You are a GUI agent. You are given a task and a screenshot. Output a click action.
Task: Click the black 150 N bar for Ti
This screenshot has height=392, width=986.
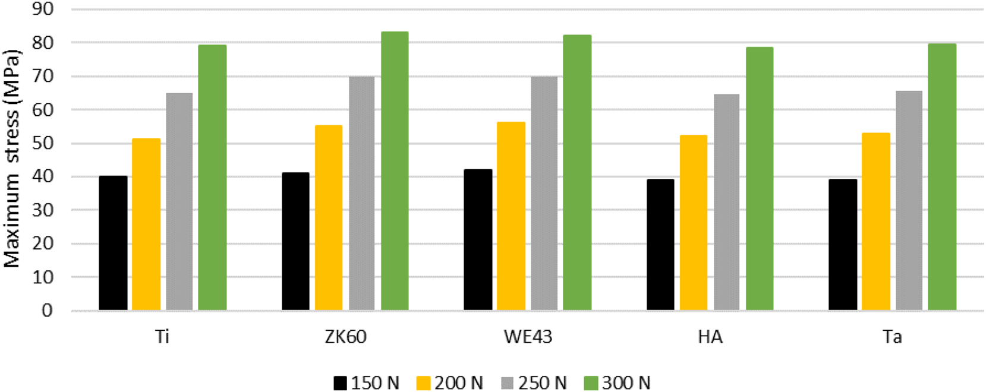(x=113, y=243)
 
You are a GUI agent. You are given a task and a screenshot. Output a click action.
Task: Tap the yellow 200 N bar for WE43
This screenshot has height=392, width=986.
(x=511, y=216)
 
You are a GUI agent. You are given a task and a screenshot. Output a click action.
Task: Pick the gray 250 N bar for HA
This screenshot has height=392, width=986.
(x=726, y=202)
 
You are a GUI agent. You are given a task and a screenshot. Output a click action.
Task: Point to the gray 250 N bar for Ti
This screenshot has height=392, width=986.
(x=179, y=201)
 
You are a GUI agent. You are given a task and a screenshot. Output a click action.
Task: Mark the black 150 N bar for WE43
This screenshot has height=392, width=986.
(x=478, y=240)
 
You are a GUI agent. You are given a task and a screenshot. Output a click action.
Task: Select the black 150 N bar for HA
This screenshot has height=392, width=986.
(x=660, y=245)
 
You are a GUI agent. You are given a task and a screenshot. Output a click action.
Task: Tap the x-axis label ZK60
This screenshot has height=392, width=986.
(x=345, y=337)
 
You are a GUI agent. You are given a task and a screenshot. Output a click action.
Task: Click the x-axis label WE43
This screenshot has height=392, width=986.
(x=528, y=337)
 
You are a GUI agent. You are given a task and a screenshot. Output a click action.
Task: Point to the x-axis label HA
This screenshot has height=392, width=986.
(x=710, y=337)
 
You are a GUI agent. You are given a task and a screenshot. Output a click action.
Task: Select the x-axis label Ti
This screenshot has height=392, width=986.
(x=162, y=337)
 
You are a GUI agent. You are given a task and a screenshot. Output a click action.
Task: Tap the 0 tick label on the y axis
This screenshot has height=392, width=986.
(x=46, y=310)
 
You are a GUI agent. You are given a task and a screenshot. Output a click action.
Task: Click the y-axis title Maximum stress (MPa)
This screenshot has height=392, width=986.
(x=12, y=159)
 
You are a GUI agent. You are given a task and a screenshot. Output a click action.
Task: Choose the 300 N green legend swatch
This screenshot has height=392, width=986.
(x=591, y=383)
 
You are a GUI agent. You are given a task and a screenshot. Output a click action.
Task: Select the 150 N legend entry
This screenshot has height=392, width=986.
(x=366, y=383)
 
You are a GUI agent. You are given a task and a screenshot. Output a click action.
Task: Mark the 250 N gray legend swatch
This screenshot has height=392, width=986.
(x=507, y=383)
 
